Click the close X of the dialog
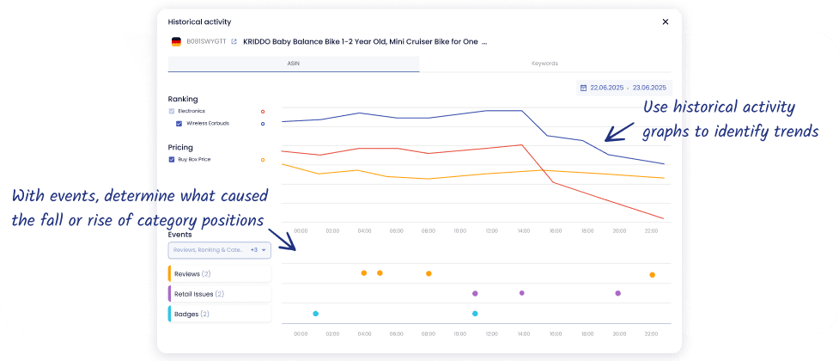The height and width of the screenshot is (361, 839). pyautogui.click(x=666, y=21)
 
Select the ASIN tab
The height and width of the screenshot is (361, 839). pyautogui.click(x=293, y=64)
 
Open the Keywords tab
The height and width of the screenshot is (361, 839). pyautogui.click(x=544, y=64)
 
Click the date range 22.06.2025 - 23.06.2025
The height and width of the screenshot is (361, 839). pyautogui.click(x=624, y=87)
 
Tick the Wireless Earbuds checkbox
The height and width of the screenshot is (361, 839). pyautogui.click(x=179, y=123)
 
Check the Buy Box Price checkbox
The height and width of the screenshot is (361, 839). pyautogui.click(x=172, y=159)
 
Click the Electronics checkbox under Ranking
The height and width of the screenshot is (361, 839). pyautogui.click(x=172, y=111)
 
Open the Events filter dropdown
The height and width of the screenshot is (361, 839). pyautogui.click(x=220, y=250)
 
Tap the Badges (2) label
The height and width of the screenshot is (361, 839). pyautogui.click(x=192, y=314)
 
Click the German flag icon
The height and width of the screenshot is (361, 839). pyautogui.click(x=176, y=41)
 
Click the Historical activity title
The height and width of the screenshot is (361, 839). pyautogui.click(x=199, y=21)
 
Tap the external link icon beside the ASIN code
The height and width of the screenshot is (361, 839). pyautogui.click(x=234, y=41)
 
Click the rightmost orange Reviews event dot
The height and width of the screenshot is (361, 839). pyautogui.click(x=652, y=275)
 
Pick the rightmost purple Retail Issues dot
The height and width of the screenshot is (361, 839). pyautogui.click(x=617, y=293)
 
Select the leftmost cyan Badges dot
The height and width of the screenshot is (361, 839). pyautogui.click(x=316, y=314)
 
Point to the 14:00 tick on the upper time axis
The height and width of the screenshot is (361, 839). pyautogui.click(x=523, y=230)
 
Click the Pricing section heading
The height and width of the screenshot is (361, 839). pyautogui.click(x=180, y=147)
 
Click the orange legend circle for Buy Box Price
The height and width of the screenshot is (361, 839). pyautogui.click(x=263, y=159)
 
